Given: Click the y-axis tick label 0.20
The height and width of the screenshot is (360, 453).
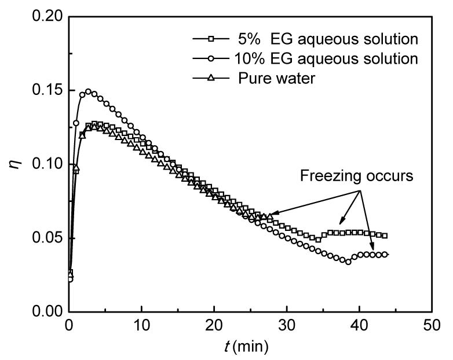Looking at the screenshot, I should pyautogui.click(x=48, y=17).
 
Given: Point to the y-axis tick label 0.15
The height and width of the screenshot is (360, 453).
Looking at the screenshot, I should pyautogui.click(x=48, y=91).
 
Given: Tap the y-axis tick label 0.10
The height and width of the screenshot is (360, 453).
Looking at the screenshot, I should pyautogui.click(x=48, y=164).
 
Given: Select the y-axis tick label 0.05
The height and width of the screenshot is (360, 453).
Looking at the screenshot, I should pyautogui.click(x=48, y=238).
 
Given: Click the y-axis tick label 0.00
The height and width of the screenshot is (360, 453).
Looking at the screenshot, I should pyautogui.click(x=48, y=312).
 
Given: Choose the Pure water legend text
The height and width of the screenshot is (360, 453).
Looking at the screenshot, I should pyautogui.click(x=277, y=78).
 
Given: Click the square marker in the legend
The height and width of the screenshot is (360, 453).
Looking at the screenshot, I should pyautogui.click(x=212, y=39).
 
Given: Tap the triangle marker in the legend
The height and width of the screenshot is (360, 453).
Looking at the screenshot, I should pyautogui.click(x=212, y=78).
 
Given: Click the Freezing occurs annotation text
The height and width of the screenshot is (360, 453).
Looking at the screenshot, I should pyautogui.click(x=356, y=177).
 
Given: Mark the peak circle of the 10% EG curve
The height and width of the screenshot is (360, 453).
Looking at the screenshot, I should pyautogui.click(x=89, y=91).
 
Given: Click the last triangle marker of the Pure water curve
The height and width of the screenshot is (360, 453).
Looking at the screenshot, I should pyautogui.click(x=270, y=216).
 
